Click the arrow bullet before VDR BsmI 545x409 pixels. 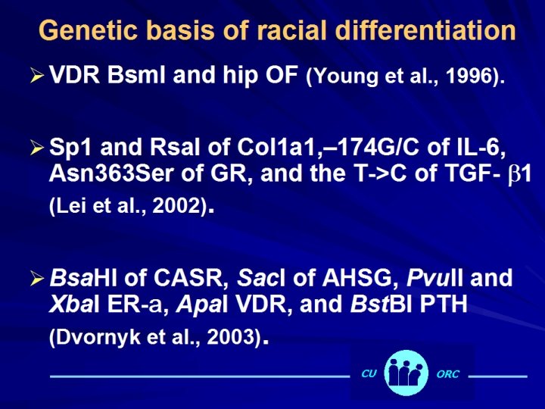click(x=36, y=76)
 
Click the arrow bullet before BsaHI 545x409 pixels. click(x=36, y=280)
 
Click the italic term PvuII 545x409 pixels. click(x=425, y=279)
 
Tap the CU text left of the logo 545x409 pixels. click(x=369, y=373)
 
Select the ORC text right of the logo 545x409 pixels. click(x=448, y=374)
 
